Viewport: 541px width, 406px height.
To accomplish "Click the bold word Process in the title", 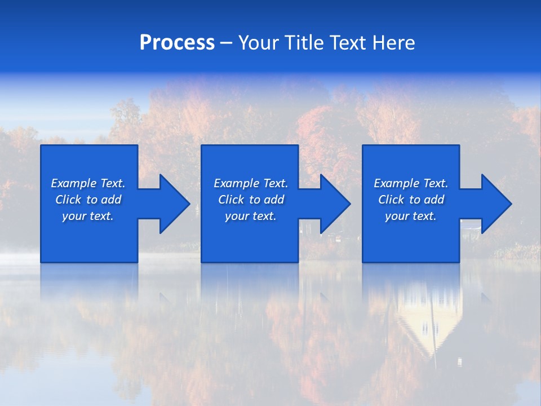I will point(177,43).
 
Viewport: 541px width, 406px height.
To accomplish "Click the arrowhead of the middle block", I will point(334,204).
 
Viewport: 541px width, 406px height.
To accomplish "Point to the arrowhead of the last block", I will point(495,204).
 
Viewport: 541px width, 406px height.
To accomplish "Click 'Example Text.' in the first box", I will point(88,183).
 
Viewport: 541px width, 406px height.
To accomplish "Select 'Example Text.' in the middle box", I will point(250,183).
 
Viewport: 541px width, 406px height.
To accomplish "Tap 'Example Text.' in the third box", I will point(410,183).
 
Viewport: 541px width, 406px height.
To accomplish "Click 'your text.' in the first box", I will point(88,216).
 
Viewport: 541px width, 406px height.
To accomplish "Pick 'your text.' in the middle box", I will point(250,216).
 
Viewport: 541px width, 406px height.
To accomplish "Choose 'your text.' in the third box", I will point(410,216).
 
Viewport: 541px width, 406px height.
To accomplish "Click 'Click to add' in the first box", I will point(88,200).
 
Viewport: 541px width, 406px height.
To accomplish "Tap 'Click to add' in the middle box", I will point(250,200).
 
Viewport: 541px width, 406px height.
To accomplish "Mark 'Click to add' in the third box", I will point(410,200).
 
